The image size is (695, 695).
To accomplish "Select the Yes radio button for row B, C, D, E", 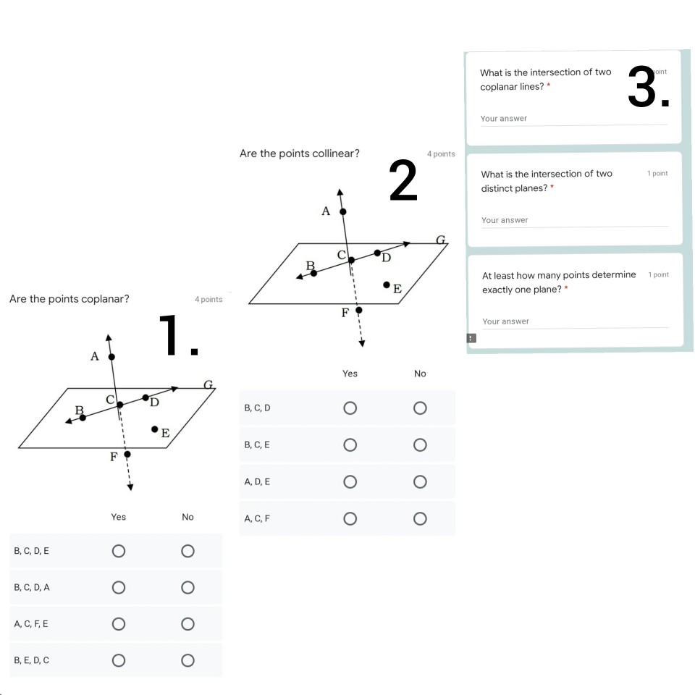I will coord(119,551).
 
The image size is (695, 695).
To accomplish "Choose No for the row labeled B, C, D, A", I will coord(188,587).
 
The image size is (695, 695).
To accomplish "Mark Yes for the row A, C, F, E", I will coord(119,623).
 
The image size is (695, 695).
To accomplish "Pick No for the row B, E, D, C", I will coord(188,660).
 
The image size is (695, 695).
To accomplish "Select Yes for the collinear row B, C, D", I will coord(350,408).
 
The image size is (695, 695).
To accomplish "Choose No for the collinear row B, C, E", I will coord(420,445).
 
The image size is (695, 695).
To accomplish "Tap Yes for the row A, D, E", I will coord(350,481).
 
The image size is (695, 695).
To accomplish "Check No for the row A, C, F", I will coord(420,518).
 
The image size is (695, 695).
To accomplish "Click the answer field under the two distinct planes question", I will coord(573,220).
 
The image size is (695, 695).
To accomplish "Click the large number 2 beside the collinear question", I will coord(403,181).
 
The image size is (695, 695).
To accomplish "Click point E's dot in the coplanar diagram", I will coord(154,429).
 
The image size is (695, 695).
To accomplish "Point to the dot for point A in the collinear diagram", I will coord(343,211).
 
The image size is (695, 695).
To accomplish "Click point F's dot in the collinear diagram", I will coord(358,310).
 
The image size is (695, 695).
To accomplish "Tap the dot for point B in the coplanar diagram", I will coord(83,418).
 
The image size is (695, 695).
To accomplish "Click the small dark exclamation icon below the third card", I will coord(471,338).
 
